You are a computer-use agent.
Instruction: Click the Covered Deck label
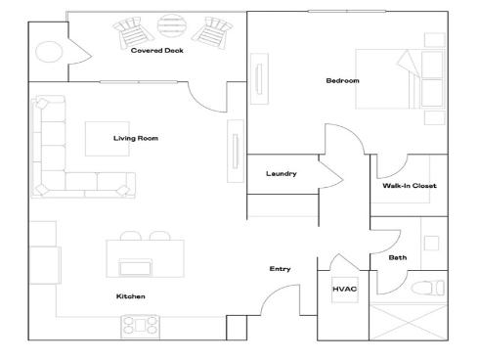click(x=157, y=51)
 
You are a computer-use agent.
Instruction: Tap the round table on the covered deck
click(x=171, y=25)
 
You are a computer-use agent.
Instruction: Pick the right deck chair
click(x=210, y=32)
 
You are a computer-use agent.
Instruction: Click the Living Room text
click(x=136, y=138)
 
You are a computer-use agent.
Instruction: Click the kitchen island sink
click(x=135, y=267)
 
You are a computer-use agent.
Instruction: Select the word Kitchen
click(x=130, y=295)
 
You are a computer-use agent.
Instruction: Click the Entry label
click(x=280, y=269)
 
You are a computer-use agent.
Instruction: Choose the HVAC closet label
click(x=344, y=290)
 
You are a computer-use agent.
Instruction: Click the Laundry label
click(x=281, y=174)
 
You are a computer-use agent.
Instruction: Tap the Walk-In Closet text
click(x=409, y=185)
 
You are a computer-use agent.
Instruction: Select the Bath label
click(x=398, y=258)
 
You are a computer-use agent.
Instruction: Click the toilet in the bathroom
click(x=428, y=288)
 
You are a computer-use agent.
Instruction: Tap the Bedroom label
click(x=342, y=80)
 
